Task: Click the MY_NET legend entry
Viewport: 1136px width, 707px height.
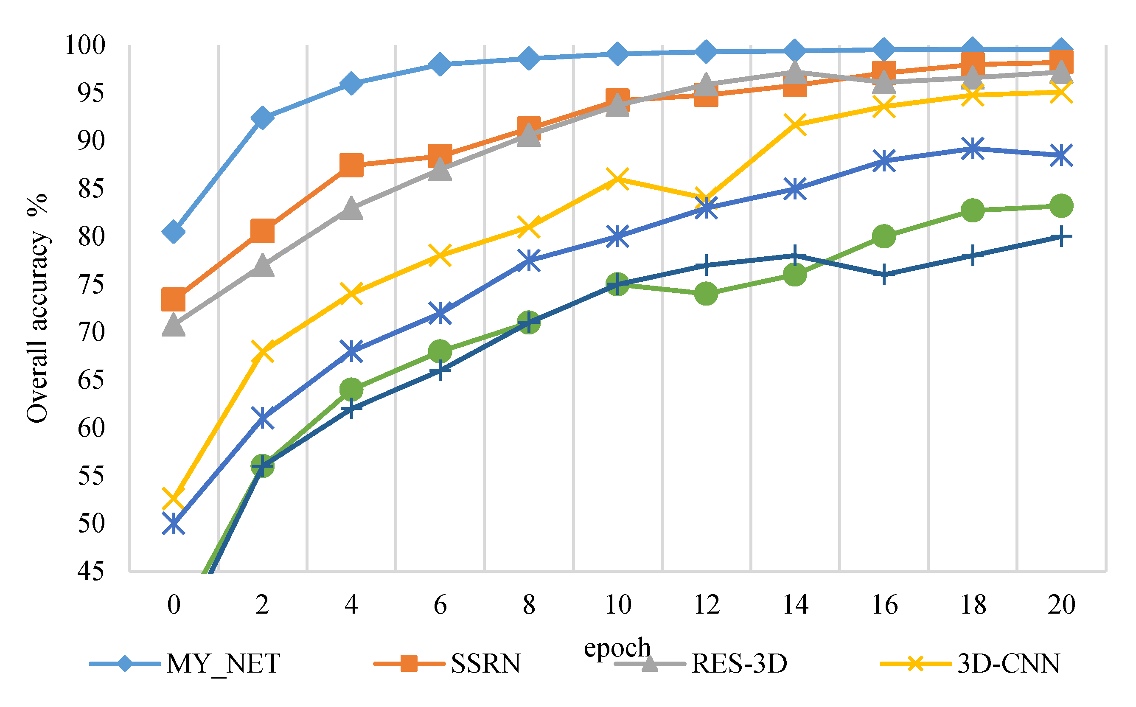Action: pyautogui.click(x=185, y=663)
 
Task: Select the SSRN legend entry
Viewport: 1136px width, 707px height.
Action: pyautogui.click(x=447, y=663)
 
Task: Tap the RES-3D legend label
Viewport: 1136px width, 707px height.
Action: pyautogui.click(x=739, y=663)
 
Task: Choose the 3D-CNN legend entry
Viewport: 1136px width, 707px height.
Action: pyautogui.click(x=970, y=663)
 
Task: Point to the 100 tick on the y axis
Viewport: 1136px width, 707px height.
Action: pyautogui.click(x=85, y=45)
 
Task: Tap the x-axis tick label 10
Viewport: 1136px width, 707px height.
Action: pyautogui.click(x=617, y=605)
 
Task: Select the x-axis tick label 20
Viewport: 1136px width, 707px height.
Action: pyautogui.click(x=1062, y=605)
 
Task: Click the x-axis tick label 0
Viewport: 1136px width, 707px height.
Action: pyautogui.click(x=174, y=605)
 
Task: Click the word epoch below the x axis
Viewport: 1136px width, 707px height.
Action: pyautogui.click(x=617, y=648)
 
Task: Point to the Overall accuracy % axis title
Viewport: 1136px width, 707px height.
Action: pyautogui.click(x=37, y=308)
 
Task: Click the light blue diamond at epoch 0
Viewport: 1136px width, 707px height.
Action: pyautogui.click(x=174, y=231)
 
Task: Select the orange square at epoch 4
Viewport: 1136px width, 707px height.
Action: pyautogui.click(x=351, y=165)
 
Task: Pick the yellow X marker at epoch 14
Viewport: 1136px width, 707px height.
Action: pyautogui.click(x=795, y=124)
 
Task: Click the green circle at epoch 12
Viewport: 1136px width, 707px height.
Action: pyautogui.click(x=707, y=294)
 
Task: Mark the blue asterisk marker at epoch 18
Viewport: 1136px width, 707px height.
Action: pyautogui.click(x=973, y=149)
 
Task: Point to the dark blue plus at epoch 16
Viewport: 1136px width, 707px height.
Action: pyautogui.click(x=884, y=275)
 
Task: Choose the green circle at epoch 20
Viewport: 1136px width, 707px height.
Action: pyautogui.click(x=1062, y=206)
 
